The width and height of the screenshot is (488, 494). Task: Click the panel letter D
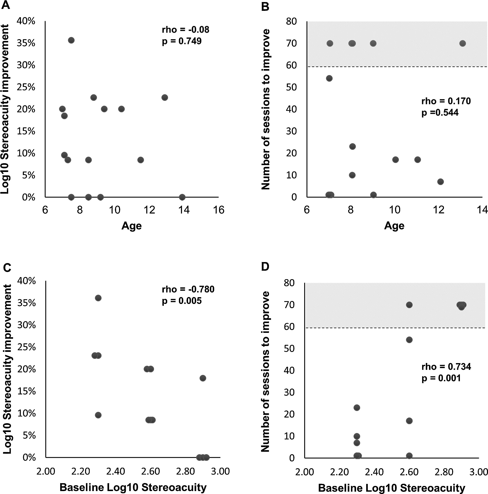(265, 267)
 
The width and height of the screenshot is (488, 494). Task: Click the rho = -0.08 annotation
(185, 30)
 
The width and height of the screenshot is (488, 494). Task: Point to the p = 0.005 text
(182, 301)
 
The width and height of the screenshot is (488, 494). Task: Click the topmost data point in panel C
(98, 298)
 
